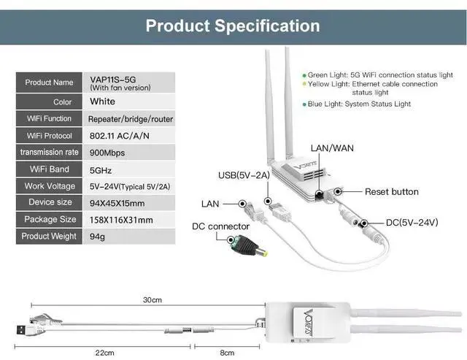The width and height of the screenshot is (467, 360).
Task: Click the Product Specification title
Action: point(233,26)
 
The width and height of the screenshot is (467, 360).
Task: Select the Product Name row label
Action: point(49,83)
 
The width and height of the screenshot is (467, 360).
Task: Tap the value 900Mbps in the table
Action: point(106,152)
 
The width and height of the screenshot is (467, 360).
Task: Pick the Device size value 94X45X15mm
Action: point(117,202)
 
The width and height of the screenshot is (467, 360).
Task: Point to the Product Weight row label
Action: point(49,237)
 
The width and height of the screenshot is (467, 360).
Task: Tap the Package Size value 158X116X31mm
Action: point(120,219)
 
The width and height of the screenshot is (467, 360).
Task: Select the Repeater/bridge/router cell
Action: point(130,118)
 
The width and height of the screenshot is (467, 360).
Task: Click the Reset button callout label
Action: point(392,191)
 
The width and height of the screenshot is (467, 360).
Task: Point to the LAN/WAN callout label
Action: point(333,148)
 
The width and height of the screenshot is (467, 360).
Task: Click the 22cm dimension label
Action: point(105,353)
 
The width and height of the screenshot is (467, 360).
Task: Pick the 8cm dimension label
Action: point(227,353)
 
